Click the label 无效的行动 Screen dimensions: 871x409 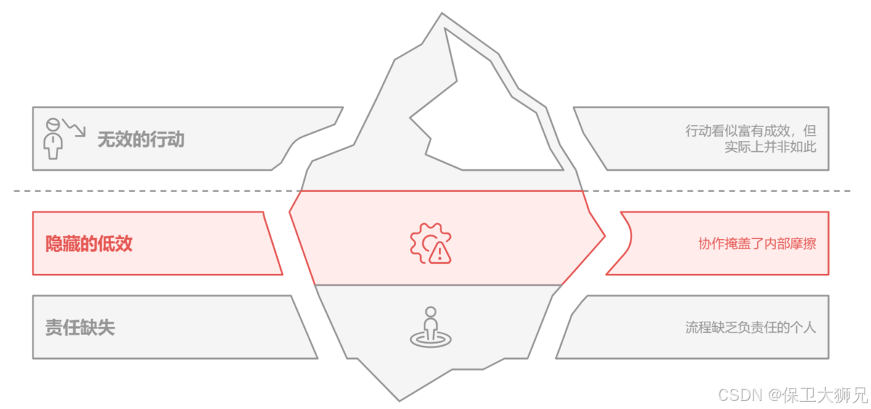(141, 139)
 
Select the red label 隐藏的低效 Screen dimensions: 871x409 (89, 243)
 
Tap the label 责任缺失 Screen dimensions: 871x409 (80, 328)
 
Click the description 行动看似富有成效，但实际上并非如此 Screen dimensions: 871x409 (751, 139)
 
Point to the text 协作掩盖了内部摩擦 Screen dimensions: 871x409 (757, 244)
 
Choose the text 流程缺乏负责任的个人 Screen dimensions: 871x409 (751, 328)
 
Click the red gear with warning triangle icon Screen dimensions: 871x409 (430, 243)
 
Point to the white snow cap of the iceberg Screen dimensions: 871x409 (494, 116)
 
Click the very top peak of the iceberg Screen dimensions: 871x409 (442, 15)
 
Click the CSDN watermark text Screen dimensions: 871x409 (740, 394)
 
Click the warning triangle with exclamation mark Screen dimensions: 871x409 (440, 252)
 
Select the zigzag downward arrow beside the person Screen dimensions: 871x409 (75, 128)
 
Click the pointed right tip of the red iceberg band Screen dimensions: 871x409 (604, 234)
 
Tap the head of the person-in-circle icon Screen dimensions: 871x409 (430, 312)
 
